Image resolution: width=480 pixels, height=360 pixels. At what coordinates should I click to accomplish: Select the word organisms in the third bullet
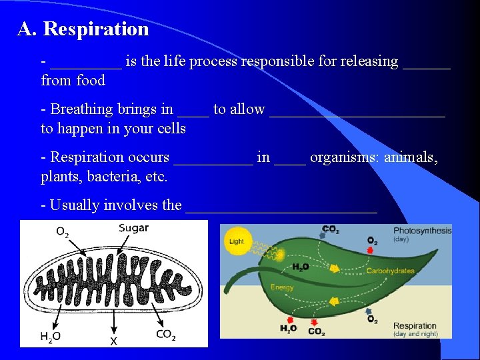pyautogui.click(x=345, y=157)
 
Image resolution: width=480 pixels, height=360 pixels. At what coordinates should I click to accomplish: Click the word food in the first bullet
pyautogui.click(x=91, y=81)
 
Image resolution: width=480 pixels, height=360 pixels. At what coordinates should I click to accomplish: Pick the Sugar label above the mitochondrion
pyautogui.click(x=133, y=229)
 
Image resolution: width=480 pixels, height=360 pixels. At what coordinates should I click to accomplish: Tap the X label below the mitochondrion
pyautogui.click(x=113, y=341)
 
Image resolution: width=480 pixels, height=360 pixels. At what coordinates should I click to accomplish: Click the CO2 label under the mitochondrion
pyautogui.click(x=165, y=334)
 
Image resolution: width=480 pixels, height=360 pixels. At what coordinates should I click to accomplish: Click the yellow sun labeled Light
pyautogui.click(x=236, y=241)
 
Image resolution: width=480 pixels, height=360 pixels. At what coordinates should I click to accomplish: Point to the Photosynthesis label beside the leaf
pyautogui.click(x=422, y=231)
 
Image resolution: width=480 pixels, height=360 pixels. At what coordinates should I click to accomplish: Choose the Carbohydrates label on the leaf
pyautogui.click(x=390, y=271)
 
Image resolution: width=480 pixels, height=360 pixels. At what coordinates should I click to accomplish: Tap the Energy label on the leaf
pyautogui.click(x=282, y=287)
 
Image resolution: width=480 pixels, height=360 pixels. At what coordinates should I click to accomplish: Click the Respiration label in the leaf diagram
pyautogui.click(x=415, y=326)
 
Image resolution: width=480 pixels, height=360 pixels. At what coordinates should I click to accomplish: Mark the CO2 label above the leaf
pyautogui.click(x=331, y=229)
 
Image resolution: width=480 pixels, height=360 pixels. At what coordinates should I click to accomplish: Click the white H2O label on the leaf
pyautogui.click(x=301, y=267)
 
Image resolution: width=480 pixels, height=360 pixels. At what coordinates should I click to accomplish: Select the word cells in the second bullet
pyautogui.click(x=171, y=129)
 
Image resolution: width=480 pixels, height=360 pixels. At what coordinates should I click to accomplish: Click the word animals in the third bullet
pyautogui.click(x=410, y=157)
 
